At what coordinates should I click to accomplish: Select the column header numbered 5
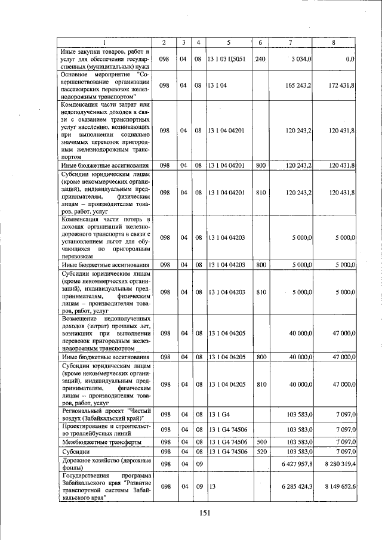tap(229, 42)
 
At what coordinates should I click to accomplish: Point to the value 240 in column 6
tap(260, 59)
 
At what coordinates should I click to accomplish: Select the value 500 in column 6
tap(260, 442)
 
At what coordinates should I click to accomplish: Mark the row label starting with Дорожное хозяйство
tap(105, 464)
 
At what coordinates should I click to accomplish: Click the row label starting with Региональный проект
tap(105, 414)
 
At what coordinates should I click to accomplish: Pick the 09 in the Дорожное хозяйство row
tap(199, 464)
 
